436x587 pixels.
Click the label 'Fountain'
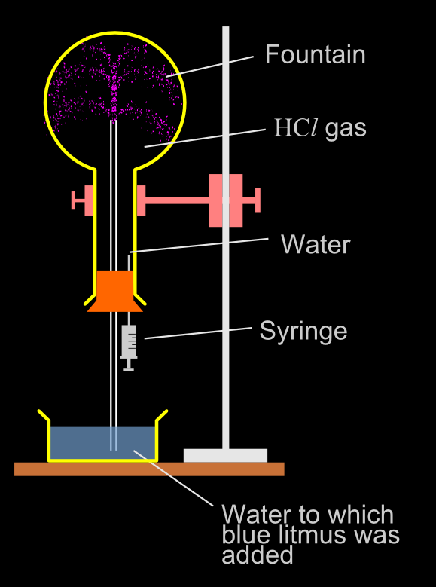[315, 55]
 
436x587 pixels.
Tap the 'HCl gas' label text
[320, 128]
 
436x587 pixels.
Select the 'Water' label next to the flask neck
[315, 244]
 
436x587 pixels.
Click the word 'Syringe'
[303, 331]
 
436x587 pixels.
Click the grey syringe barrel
[130, 341]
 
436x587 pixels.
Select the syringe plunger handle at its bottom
[129, 368]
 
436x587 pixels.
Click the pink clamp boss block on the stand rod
[225, 200]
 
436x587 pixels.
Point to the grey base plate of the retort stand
[225, 455]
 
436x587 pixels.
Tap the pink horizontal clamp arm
[177, 200]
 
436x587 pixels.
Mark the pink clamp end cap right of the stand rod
[256, 200]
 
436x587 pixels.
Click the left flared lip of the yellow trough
[44, 417]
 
